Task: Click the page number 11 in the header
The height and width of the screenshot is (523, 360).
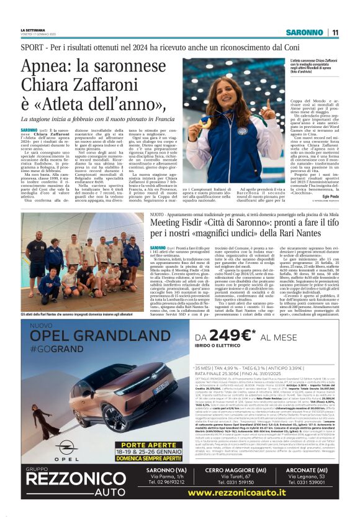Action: pyautogui.click(x=335, y=32)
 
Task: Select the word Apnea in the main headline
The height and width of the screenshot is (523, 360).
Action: pyautogui.click(x=48, y=67)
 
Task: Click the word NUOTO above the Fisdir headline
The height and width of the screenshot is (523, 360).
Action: pyautogui.click(x=158, y=213)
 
